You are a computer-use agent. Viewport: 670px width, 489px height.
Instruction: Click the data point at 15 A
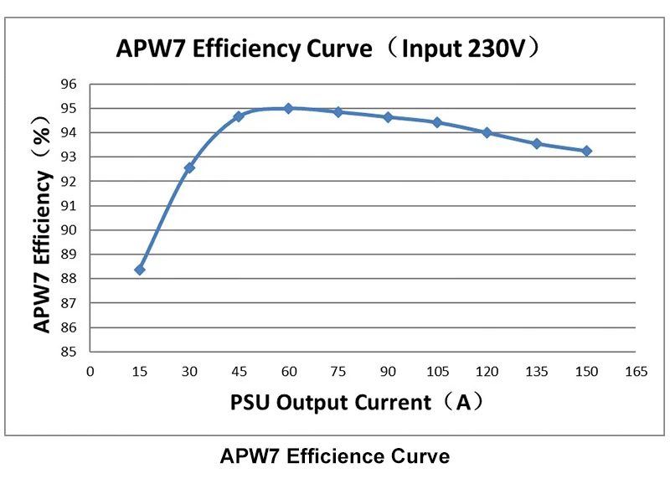(140, 270)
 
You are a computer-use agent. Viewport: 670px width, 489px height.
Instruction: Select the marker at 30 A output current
(189, 167)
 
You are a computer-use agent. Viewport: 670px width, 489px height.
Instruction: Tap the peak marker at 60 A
(288, 108)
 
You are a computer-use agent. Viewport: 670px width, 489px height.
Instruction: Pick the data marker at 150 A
(586, 151)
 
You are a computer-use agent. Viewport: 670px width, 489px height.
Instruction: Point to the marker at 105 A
(437, 122)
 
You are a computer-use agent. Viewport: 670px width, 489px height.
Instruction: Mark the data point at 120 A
(487, 132)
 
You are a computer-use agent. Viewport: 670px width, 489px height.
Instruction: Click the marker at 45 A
(239, 116)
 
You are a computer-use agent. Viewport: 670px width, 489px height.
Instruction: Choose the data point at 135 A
(537, 143)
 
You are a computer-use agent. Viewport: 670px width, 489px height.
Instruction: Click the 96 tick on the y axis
(68, 85)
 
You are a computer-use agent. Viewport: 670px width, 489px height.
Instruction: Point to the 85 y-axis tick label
(68, 352)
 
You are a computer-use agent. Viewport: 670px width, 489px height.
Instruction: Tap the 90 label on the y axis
(68, 230)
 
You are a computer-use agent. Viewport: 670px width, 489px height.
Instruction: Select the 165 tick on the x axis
(636, 372)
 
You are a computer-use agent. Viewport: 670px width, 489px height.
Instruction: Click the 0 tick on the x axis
(90, 372)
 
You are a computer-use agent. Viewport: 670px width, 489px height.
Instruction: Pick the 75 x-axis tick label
(338, 372)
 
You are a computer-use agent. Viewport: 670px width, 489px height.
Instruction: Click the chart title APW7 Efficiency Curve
(244, 49)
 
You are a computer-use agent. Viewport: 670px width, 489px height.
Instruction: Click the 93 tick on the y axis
(68, 157)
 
